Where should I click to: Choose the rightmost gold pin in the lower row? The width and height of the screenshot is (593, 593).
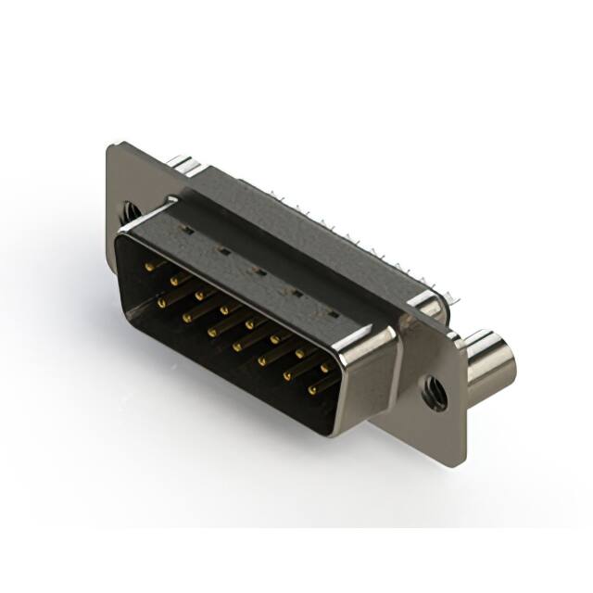coord(312,389)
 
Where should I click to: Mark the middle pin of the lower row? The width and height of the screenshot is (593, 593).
coord(238,346)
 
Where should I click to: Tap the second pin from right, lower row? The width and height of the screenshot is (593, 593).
coord(288,375)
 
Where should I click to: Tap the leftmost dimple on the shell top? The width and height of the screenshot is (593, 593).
coord(186,231)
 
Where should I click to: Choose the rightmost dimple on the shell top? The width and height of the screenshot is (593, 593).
coord(332,314)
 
